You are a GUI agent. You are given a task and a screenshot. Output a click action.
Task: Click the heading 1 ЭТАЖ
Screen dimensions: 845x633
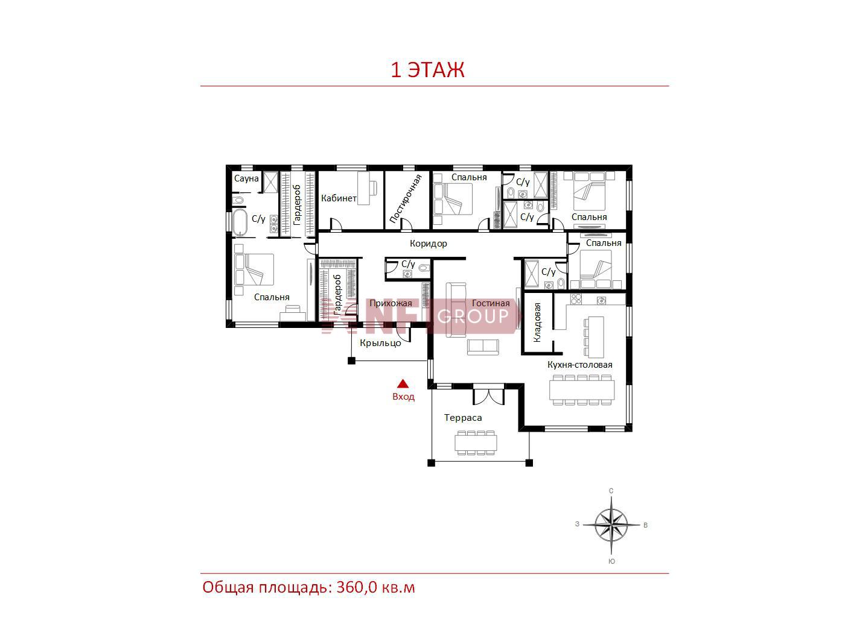pyautogui.click(x=427, y=69)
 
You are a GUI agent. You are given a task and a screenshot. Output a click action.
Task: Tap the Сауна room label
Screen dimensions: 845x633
pyautogui.click(x=246, y=178)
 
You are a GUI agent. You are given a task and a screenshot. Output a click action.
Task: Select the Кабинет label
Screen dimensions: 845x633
pyautogui.click(x=339, y=198)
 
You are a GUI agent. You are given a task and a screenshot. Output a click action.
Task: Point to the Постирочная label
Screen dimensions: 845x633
pyautogui.click(x=406, y=199)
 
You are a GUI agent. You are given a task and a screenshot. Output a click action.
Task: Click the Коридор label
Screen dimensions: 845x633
pyautogui.click(x=428, y=244)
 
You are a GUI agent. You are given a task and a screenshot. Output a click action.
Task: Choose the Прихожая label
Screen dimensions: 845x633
pyautogui.click(x=391, y=303)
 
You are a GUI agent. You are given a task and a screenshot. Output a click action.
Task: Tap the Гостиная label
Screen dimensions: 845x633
pyautogui.click(x=491, y=303)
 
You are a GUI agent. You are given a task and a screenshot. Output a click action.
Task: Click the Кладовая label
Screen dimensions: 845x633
pyautogui.click(x=537, y=322)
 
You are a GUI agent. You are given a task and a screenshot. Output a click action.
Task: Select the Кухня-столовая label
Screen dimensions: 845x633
pyautogui.click(x=579, y=364)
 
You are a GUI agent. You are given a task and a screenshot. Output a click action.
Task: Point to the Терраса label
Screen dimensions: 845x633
pyautogui.click(x=463, y=418)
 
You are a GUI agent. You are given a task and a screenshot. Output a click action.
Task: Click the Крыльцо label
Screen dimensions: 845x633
pyautogui.click(x=380, y=343)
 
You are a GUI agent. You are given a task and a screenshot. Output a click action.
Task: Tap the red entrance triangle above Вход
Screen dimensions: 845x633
pyautogui.click(x=403, y=383)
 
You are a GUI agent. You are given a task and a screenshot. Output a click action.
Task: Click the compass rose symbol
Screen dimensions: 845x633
pyautogui.click(x=611, y=524)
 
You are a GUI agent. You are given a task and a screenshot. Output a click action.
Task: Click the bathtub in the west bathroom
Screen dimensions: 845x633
pyautogui.click(x=240, y=222)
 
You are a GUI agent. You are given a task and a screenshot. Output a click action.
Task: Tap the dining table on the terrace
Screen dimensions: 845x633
pyautogui.click(x=476, y=442)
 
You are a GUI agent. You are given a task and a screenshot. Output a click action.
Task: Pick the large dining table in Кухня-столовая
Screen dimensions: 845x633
pyautogui.click(x=582, y=389)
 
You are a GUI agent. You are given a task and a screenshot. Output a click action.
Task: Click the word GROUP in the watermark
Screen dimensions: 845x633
pyautogui.click(x=473, y=316)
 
